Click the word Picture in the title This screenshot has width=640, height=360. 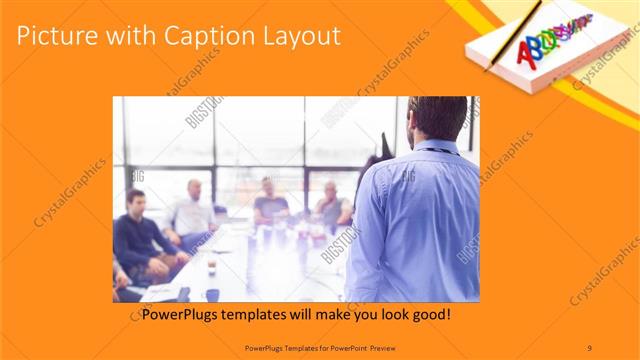pyautogui.click(x=58, y=37)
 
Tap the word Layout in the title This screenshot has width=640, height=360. pyautogui.click(x=301, y=37)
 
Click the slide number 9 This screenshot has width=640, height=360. pyautogui.click(x=589, y=347)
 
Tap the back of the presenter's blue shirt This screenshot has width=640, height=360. pyautogui.click(x=420, y=220)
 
